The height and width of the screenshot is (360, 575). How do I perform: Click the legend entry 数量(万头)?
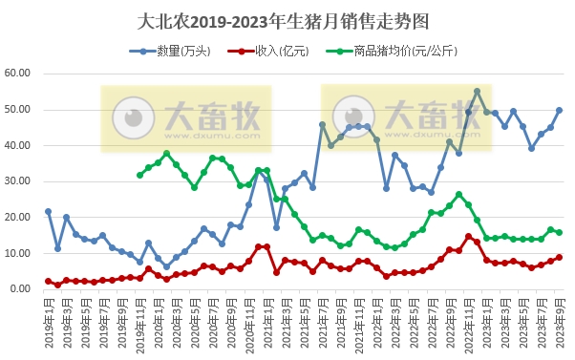pos(178,51)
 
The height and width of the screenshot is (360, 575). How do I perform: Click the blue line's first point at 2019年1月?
pos(48,211)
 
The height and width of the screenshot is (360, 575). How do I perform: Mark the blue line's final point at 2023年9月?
pos(560,110)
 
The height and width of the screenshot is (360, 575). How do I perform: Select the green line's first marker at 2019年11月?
pos(139,175)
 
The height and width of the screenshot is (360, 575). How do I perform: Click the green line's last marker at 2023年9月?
pos(560,232)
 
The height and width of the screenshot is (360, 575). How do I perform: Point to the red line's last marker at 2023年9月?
pos(560,257)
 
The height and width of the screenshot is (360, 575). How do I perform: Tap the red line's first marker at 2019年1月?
pos(48,281)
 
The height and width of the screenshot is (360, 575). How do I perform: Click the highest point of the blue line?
pos(478,92)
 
